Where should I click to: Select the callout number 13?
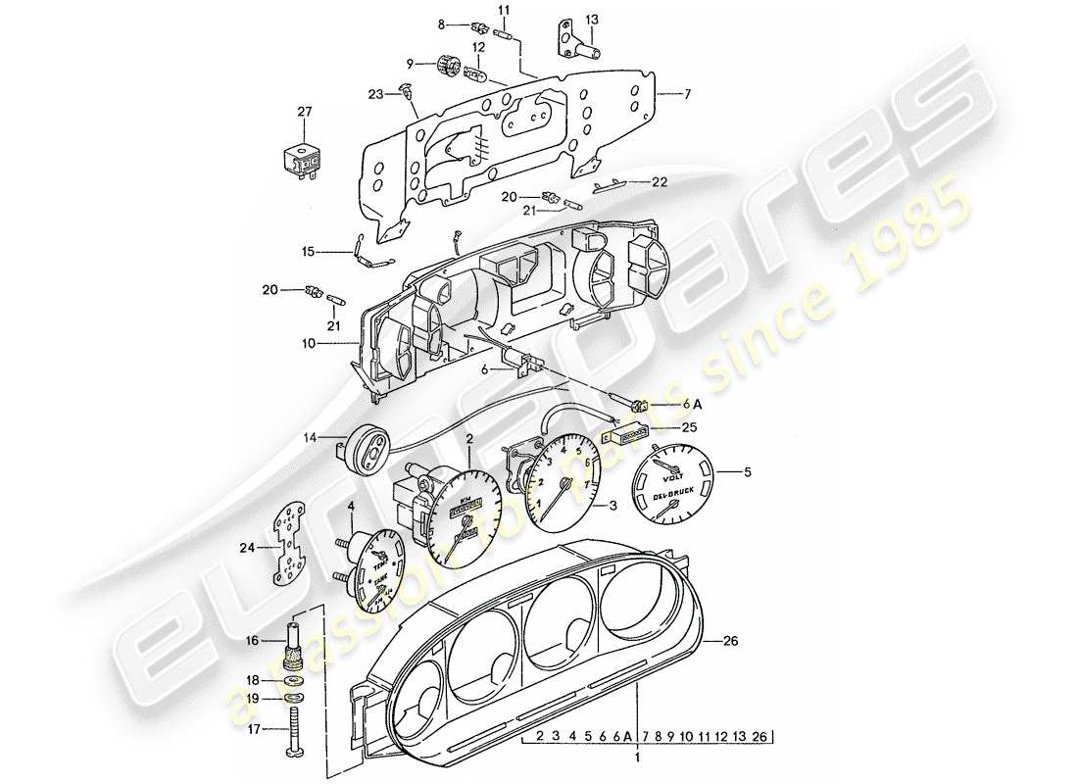591,20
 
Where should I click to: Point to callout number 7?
687,94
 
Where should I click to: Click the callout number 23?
376,94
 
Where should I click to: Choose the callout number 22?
660,182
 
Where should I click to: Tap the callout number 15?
307,251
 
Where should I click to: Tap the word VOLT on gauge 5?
674,480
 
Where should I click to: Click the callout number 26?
732,642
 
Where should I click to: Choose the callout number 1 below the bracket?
638,758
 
